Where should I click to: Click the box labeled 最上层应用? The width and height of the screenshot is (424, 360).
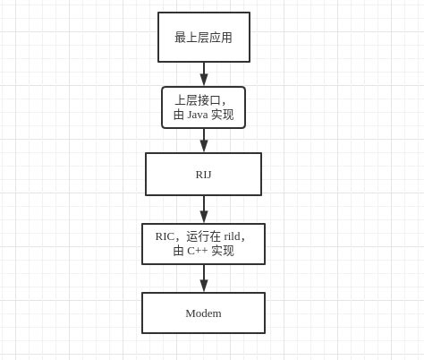[203, 38]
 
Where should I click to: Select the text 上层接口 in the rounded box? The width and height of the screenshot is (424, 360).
[198, 100]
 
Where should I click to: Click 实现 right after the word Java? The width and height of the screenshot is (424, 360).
[222, 115]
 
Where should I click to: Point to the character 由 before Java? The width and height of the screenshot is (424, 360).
[179, 115]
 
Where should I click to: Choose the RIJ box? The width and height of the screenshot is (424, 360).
[203, 174]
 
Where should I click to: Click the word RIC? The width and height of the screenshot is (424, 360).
[165, 236]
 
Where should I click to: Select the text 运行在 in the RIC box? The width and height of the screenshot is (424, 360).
[203, 236]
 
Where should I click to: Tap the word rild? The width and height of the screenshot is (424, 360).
[232, 236]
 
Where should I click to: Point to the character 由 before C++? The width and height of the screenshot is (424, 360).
[179, 251]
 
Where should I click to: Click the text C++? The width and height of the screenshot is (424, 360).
[197, 251]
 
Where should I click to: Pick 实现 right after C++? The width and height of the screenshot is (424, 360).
[222, 251]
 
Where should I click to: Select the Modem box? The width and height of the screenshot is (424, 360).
[203, 313]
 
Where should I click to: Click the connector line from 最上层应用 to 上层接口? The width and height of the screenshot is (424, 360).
[204, 68]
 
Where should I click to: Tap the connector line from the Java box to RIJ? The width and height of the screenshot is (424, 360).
[204, 134]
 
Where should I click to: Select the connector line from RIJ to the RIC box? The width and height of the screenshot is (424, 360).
[204, 203]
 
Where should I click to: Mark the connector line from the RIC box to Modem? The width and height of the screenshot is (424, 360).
[204, 272]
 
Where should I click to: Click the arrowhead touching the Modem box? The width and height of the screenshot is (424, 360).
[204, 286]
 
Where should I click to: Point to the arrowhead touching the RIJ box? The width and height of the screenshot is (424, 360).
[204, 146]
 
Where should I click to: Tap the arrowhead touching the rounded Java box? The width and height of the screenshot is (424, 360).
[204, 80]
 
